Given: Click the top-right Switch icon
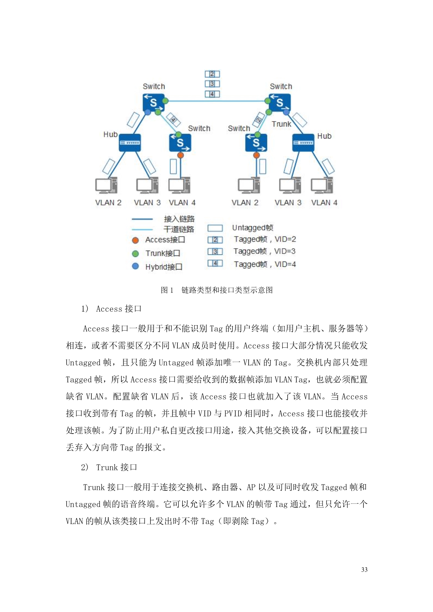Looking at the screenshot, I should [x=280, y=102].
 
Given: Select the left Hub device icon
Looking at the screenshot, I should [x=130, y=143].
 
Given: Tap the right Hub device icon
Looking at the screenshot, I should [x=303, y=143].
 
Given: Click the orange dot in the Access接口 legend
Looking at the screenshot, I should [x=135, y=240].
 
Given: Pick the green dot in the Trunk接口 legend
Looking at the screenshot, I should [x=135, y=253].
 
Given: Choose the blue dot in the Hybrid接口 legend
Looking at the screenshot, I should [x=135, y=266].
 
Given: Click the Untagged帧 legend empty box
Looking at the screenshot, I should [x=215, y=228].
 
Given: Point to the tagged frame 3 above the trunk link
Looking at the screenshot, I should [x=212, y=84].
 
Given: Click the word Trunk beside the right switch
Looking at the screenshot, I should [x=281, y=124].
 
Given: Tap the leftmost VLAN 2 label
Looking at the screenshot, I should [x=108, y=202].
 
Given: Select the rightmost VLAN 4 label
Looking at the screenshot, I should [x=324, y=202].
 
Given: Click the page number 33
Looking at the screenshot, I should [x=364, y=569].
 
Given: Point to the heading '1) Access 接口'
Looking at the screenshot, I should [x=111, y=309].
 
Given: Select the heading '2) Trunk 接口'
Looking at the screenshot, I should [x=109, y=467].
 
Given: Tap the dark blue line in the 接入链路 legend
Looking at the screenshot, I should [x=142, y=219].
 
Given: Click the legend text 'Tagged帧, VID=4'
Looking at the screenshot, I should [x=265, y=264].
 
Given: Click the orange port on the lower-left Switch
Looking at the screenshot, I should [x=181, y=155].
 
